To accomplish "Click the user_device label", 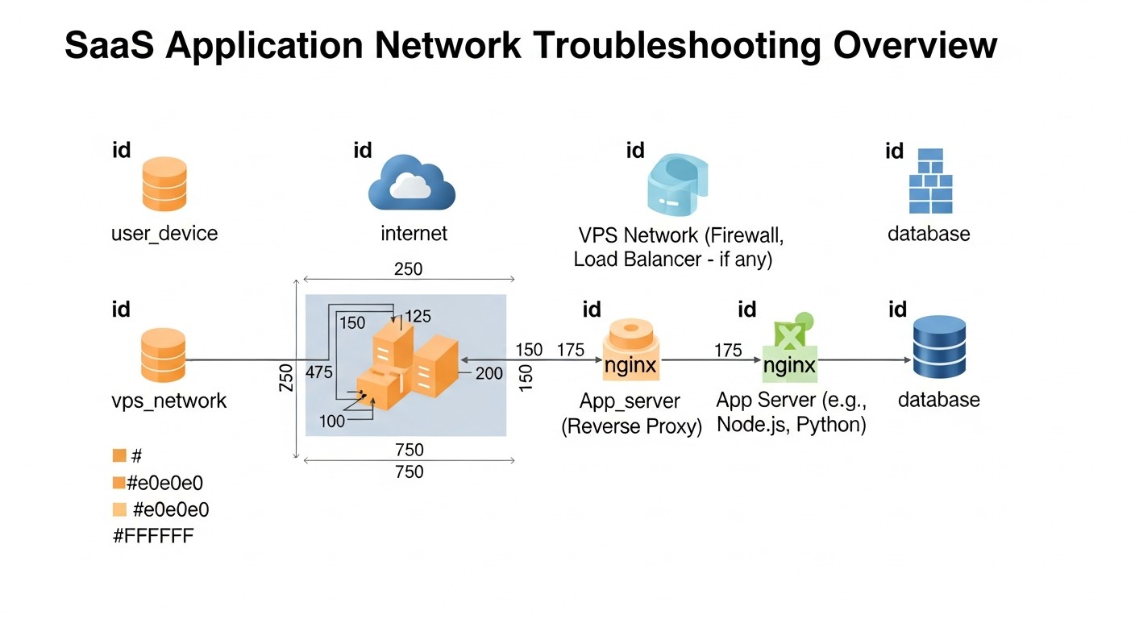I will pyautogui.click(x=164, y=234).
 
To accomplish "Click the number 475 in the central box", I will pyautogui.click(x=321, y=372).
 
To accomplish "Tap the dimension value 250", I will pyautogui.click(x=408, y=269).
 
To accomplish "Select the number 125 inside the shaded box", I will pyautogui.click(x=418, y=317).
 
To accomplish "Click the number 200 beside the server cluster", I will pyautogui.click(x=489, y=373).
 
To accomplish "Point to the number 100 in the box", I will pyautogui.click(x=331, y=421).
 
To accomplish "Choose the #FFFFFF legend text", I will pyautogui.click(x=153, y=536).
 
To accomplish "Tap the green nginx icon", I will pyautogui.click(x=789, y=355).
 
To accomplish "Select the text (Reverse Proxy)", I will pyautogui.click(x=631, y=426).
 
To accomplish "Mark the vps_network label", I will pyautogui.click(x=168, y=401).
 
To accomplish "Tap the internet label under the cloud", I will pyautogui.click(x=414, y=234).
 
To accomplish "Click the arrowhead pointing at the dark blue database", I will pyautogui.click(x=904, y=360).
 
